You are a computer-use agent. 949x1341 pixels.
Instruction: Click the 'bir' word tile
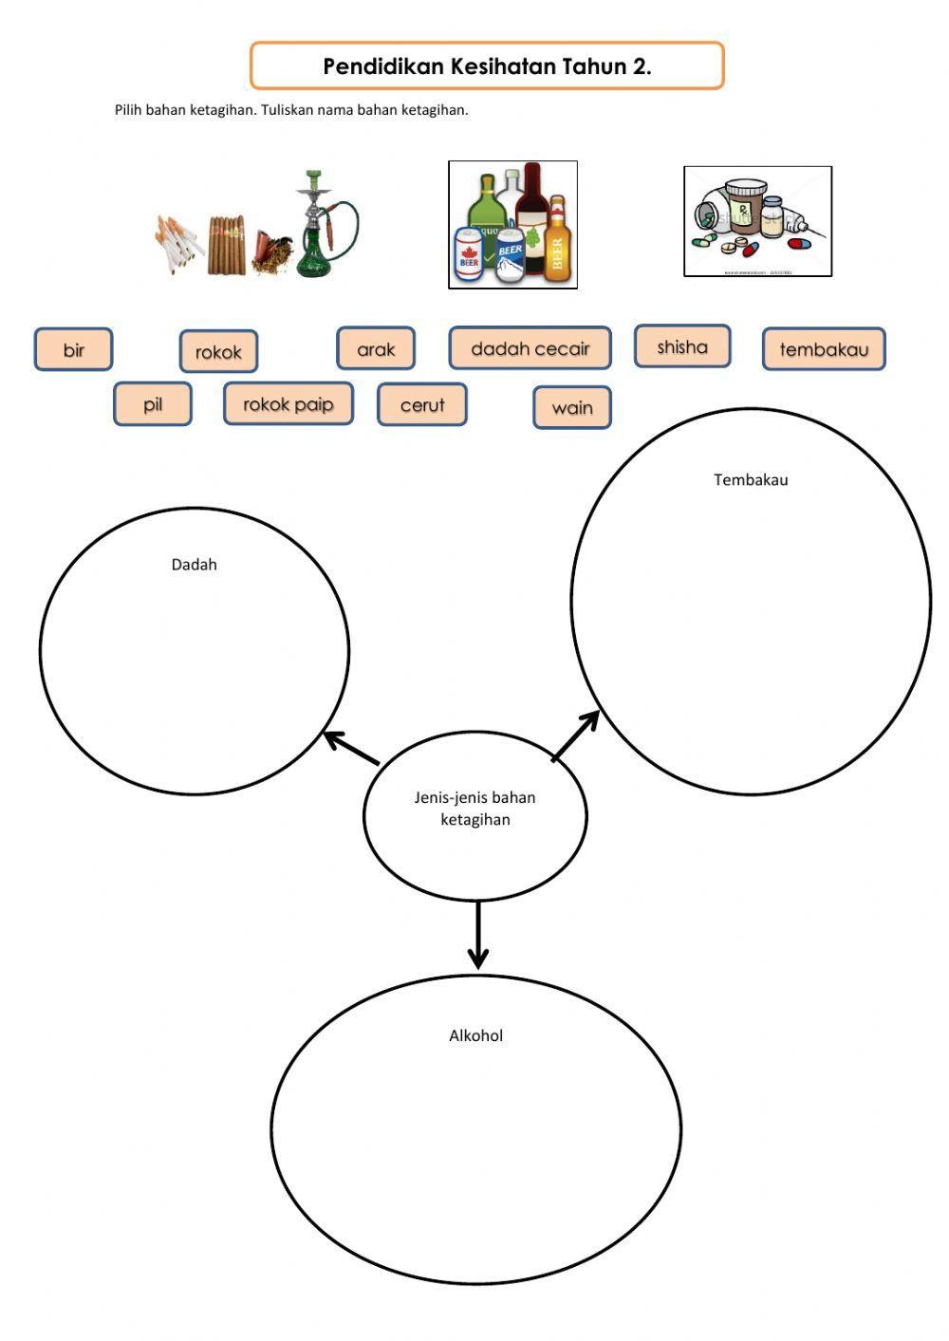coord(74,349)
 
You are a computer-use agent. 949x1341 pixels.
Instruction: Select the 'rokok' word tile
coord(218,352)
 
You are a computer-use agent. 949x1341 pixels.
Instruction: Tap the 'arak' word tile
coord(376,349)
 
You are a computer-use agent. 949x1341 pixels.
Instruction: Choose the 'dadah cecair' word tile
coord(530,348)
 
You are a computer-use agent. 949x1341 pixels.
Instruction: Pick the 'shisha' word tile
coord(682,346)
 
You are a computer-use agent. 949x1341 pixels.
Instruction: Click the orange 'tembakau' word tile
coord(824,349)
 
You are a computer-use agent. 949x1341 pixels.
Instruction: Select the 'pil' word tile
coord(153,404)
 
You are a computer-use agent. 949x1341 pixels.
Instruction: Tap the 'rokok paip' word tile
coord(288,404)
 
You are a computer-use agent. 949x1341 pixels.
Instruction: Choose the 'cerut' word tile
coord(422,405)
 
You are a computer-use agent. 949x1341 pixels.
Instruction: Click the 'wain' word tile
coord(572,408)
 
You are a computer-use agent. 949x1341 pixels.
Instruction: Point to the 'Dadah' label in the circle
coord(195,565)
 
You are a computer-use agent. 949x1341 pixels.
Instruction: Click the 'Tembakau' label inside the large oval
coord(751,480)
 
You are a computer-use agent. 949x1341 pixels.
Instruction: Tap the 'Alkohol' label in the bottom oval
coord(475,1035)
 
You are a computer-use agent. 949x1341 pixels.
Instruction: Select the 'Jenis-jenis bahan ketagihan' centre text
coord(475,809)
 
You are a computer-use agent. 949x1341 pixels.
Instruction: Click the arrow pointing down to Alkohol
coord(477,935)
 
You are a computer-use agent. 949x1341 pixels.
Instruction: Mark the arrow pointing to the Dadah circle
coord(351,748)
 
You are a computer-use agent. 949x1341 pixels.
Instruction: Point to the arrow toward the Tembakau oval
coord(576,736)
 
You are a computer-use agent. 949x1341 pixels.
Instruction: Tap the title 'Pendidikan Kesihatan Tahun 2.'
coord(487,66)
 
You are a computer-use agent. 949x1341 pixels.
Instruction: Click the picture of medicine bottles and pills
coord(757,222)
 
